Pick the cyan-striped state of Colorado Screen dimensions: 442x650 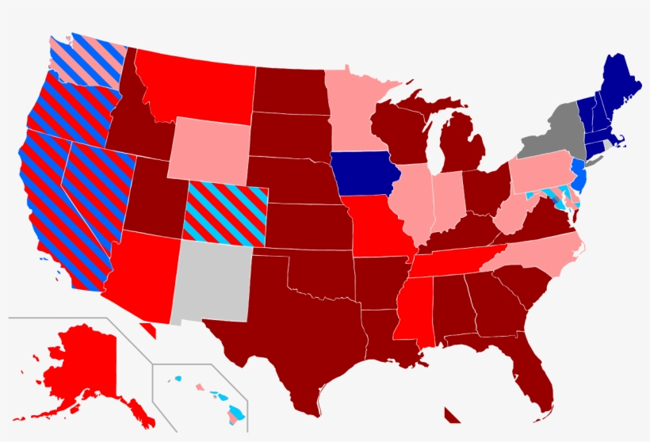[x=226, y=212]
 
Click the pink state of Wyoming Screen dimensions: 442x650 [x=208, y=151]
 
